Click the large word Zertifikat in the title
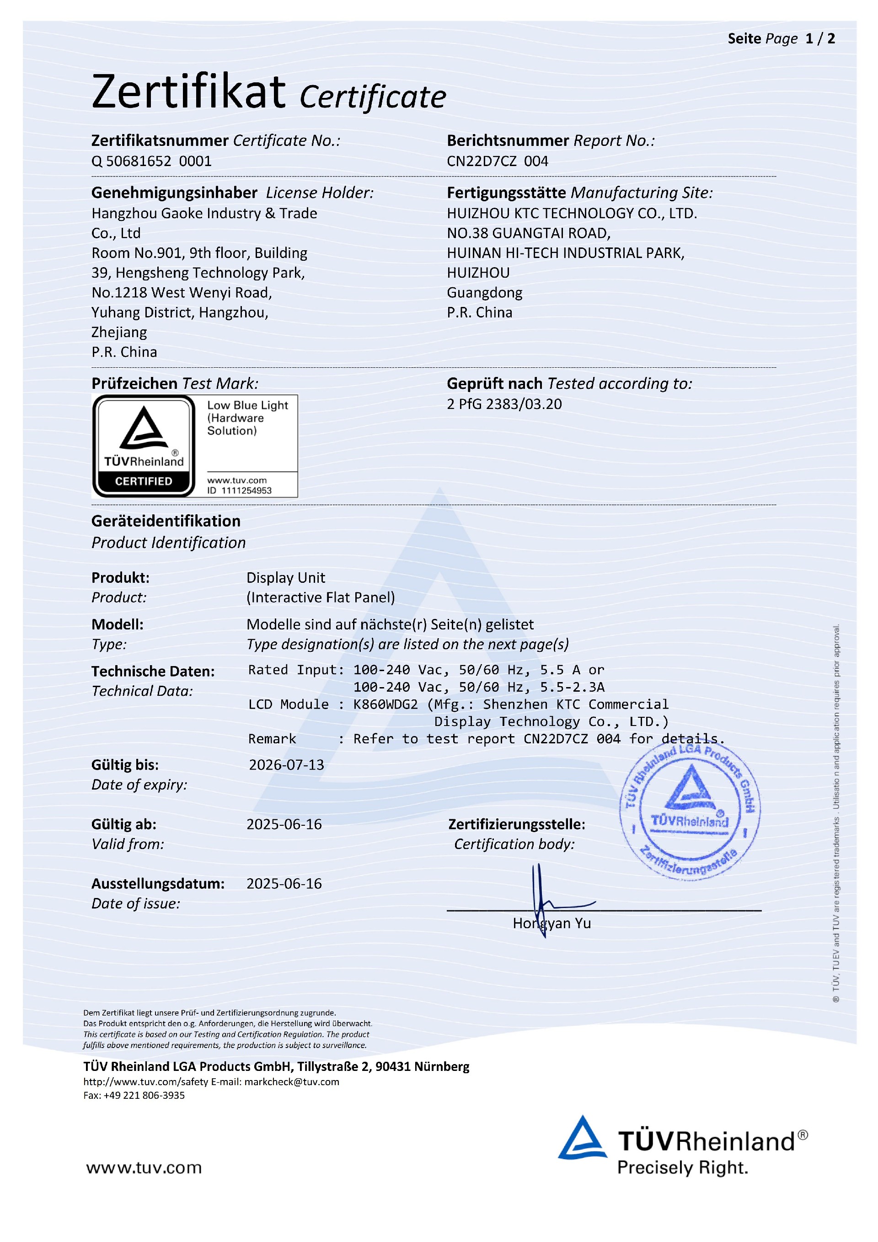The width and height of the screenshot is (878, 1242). [188, 92]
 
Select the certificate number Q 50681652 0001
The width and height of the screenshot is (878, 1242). [151, 161]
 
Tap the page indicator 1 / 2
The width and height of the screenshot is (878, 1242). [819, 39]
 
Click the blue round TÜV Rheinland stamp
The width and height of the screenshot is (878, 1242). [690, 811]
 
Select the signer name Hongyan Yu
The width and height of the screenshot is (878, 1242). [551, 924]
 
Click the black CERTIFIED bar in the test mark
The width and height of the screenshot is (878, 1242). [143, 481]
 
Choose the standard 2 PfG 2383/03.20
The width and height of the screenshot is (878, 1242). [504, 404]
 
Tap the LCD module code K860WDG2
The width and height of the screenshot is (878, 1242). [385, 704]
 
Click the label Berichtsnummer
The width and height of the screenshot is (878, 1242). [508, 140]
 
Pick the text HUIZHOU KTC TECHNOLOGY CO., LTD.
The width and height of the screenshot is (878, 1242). [572, 214]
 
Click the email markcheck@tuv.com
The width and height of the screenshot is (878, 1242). [291, 1082]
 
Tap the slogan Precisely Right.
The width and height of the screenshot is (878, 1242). [682, 1168]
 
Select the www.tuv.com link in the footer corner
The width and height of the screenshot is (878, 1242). [144, 1167]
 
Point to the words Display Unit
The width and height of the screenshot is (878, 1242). [285, 578]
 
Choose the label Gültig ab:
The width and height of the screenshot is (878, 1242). [124, 824]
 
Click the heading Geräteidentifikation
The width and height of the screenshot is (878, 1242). [166, 521]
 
